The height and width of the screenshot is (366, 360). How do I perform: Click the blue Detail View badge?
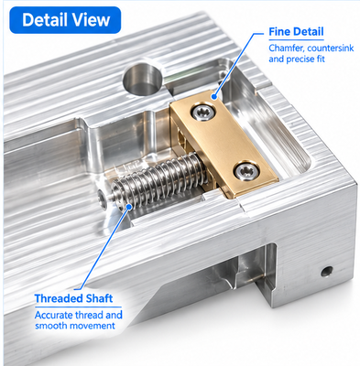point(65,20)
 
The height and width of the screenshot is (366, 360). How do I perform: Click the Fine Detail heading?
point(296,32)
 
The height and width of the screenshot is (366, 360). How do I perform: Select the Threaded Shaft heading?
point(73,298)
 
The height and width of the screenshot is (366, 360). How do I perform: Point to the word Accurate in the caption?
point(54,315)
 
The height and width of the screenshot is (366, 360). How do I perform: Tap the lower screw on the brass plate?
point(246,171)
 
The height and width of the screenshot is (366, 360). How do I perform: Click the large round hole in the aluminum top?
point(142,79)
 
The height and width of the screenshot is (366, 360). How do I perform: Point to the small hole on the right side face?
point(327,271)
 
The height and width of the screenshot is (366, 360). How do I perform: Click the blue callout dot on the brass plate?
point(214,97)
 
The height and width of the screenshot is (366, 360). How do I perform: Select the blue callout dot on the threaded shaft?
point(129,207)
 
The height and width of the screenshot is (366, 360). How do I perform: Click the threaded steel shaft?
point(159,181)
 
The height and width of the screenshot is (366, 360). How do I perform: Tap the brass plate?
point(224,144)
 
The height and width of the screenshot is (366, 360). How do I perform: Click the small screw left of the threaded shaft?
point(102,199)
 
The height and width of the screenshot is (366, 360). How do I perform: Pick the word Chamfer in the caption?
point(287,48)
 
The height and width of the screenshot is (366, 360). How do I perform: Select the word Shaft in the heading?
point(99,298)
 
